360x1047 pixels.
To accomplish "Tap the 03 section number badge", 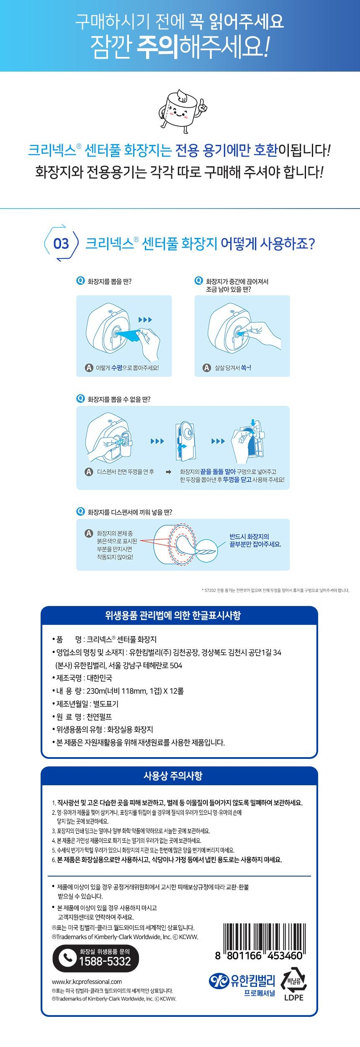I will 61,243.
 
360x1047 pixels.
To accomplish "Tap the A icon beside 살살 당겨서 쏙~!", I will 206,368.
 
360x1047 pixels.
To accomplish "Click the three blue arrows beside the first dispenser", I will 145,320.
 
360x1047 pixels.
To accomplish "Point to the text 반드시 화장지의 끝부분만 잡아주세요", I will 255,540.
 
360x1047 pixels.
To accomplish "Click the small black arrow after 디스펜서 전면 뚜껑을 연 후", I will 169,472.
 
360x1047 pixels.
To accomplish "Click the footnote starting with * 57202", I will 275,591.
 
